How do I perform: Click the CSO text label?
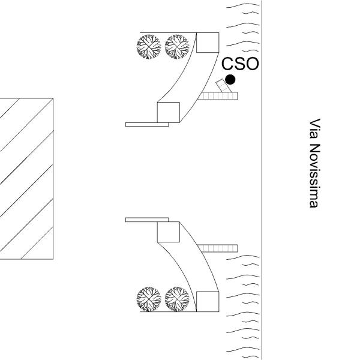(240, 64)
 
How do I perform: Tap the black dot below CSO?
(230, 80)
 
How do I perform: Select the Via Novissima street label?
(314, 163)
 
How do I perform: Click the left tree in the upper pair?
(149, 47)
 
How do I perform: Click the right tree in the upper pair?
(177, 47)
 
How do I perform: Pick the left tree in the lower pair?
(149, 299)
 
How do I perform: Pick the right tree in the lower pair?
(177, 299)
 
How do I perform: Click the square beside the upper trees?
(208, 43)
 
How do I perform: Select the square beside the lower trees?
(208, 302)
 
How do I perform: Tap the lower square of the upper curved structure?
(168, 112)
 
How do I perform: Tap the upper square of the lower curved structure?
(168, 232)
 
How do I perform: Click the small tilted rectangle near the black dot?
(223, 86)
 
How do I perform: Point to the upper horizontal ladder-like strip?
(218, 96)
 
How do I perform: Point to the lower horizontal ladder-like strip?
(218, 248)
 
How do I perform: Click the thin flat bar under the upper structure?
(147, 124)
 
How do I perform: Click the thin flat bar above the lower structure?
(147, 220)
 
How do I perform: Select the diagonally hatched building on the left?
(26, 179)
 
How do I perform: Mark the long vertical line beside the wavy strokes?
(262, 180)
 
